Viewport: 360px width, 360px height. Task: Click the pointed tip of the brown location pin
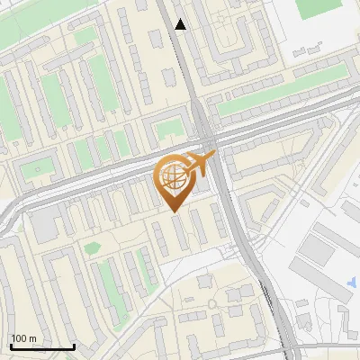[x=172, y=211]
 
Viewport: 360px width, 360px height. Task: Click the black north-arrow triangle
[x=181, y=24]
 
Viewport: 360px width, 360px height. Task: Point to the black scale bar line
[x=41, y=346]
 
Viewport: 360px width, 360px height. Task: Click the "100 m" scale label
[x=24, y=338]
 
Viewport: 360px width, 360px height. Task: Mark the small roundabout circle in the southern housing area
[x=212, y=303]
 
